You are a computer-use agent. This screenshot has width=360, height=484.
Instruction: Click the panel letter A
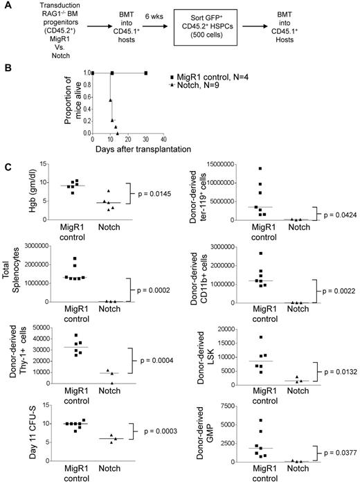click(x=8, y=6)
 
